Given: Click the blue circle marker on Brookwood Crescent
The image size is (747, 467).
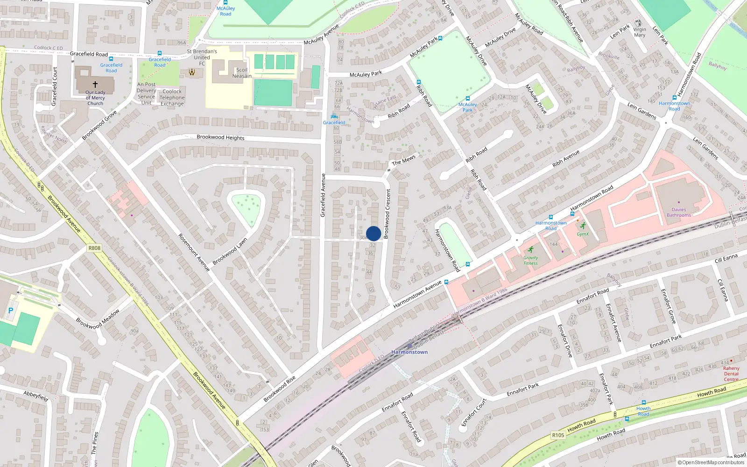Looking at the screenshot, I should (x=373, y=233).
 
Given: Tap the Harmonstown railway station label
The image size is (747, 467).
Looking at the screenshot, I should (x=409, y=352).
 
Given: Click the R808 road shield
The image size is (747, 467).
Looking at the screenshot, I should (x=94, y=248).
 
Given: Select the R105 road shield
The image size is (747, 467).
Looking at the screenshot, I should (x=558, y=435).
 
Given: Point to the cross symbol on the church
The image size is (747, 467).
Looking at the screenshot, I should (x=95, y=85).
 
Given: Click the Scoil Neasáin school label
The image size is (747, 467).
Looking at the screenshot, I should (x=242, y=73).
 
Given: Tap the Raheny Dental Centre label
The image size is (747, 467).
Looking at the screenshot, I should (x=731, y=374).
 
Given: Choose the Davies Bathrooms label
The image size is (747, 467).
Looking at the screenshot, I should (x=679, y=212).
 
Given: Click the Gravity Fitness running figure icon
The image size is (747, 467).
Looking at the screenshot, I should (x=531, y=249).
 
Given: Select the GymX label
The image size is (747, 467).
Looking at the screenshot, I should (x=583, y=234).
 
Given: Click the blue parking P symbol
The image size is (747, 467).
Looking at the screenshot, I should (x=11, y=310).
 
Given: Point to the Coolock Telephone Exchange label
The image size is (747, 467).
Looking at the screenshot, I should (x=172, y=98).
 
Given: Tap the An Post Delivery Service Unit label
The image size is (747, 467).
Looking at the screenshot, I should (x=147, y=93).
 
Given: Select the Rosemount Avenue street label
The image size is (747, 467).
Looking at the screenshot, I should (x=194, y=252).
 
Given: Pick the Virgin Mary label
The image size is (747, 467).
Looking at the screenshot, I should (x=640, y=32).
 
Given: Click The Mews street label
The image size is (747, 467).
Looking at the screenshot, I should (x=403, y=160).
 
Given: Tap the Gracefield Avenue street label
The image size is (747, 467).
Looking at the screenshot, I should (x=323, y=195).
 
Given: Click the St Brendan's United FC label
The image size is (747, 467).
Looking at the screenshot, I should (x=202, y=57).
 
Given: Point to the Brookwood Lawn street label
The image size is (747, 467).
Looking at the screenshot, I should (x=230, y=252).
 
